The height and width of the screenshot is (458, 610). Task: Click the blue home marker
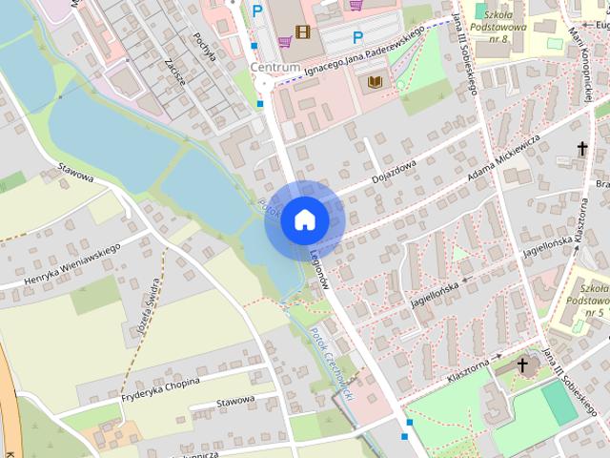coord(304,219)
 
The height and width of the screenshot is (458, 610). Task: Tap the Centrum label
coord(275,68)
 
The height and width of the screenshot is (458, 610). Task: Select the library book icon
coord(376,82)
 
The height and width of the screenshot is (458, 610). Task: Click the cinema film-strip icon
coord(303,32)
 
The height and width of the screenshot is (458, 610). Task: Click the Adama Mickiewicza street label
coord(504,158)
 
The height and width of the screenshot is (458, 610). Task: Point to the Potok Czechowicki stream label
coord(330,363)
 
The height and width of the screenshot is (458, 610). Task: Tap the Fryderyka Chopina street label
coord(160,387)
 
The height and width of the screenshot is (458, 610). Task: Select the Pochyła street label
coord(204,45)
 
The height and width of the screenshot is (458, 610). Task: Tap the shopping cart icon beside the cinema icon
coord(285,41)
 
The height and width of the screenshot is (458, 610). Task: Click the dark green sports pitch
coord(559,404)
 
